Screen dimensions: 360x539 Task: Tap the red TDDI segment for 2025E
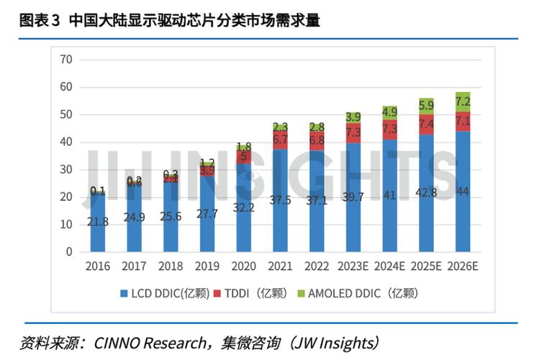coord(426,125)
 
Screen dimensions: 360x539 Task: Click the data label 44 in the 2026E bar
coord(463,192)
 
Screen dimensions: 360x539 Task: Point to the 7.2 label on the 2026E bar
coord(463,102)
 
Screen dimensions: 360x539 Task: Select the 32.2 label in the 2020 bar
coord(244,207)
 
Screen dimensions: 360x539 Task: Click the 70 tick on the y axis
coord(66,60)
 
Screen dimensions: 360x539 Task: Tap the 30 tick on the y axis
coord(66,169)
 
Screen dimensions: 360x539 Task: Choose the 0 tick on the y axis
coord(69,252)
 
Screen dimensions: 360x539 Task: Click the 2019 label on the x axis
coord(207,266)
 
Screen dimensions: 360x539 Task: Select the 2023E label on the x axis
coord(353,266)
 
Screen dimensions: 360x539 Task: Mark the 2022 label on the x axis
coord(317,266)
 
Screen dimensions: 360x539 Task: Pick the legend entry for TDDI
coord(257,293)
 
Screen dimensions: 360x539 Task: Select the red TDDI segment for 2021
coord(280,140)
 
